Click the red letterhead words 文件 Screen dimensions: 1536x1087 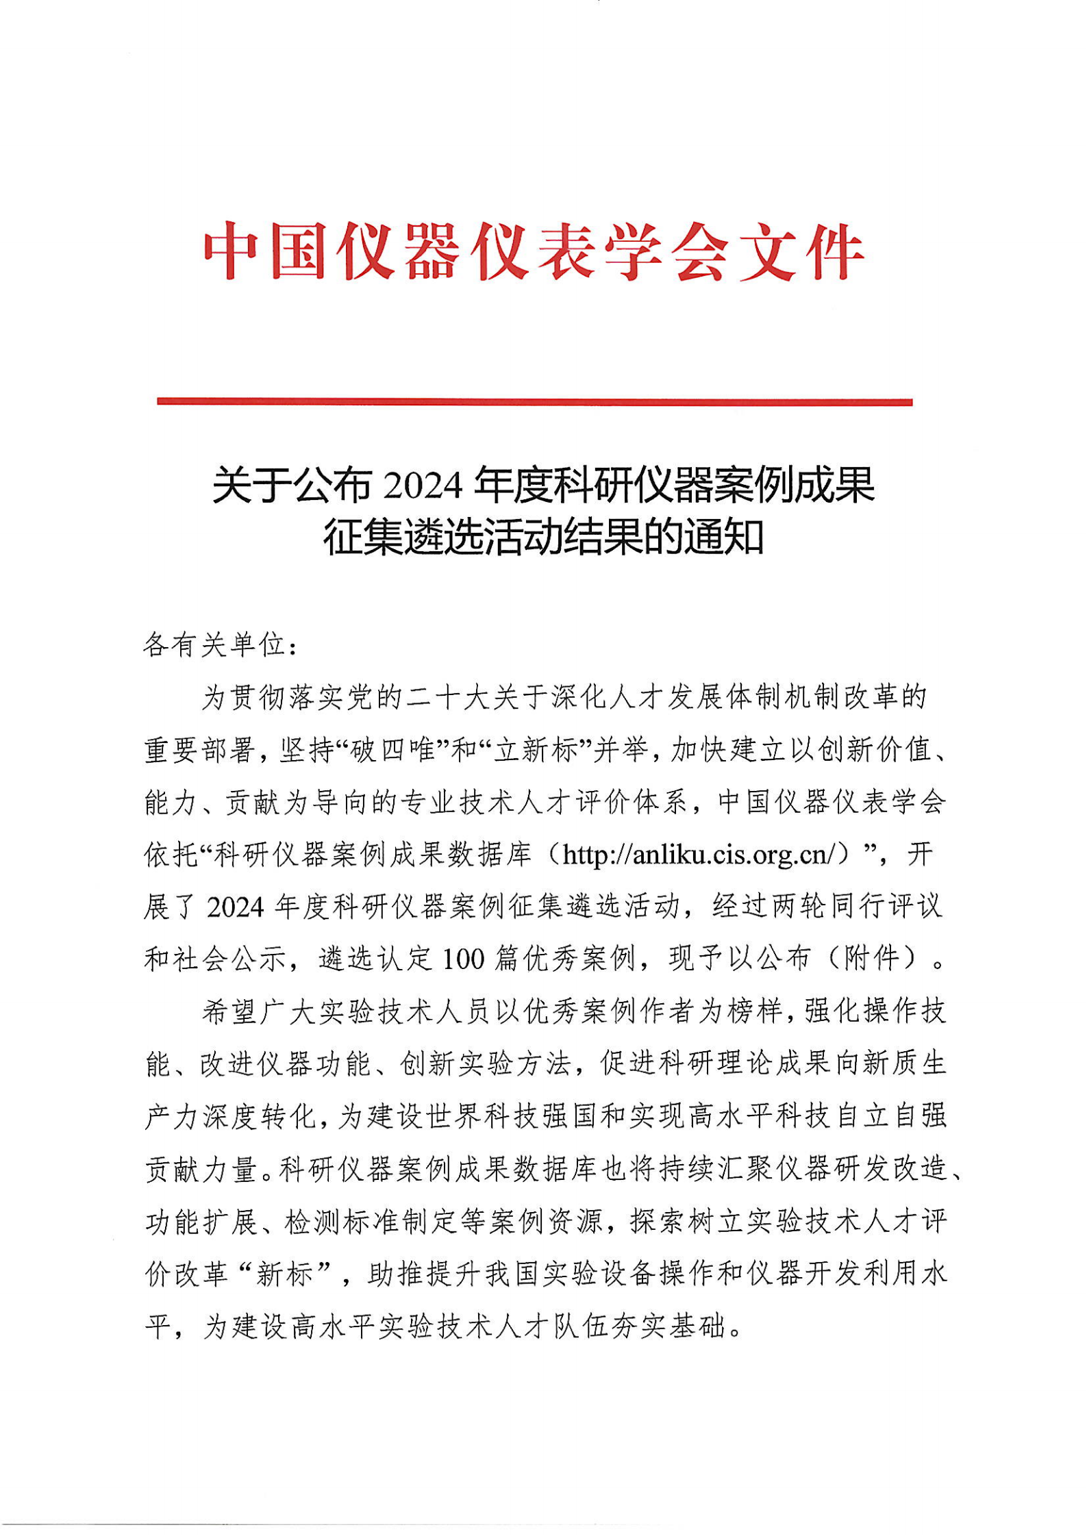click(801, 252)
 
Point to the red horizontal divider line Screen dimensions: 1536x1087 click(534, 402)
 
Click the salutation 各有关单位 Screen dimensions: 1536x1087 click(214, 644)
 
